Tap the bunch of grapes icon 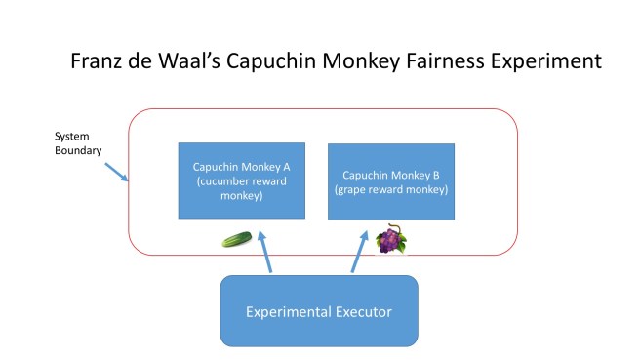(390, 239)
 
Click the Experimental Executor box (319, 311)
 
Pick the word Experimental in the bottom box (291, 311)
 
